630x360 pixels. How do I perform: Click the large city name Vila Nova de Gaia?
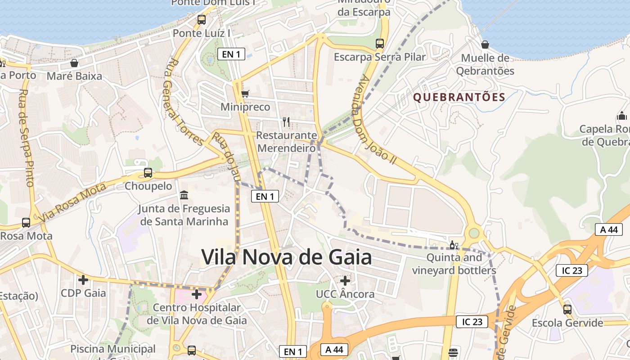coord(287,257)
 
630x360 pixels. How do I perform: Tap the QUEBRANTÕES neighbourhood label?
coord(459,97)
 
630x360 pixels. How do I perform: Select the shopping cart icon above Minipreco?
coord(245,94)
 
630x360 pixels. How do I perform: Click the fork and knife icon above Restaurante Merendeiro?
coord(286,121)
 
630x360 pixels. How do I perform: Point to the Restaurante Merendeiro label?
coord(286,141)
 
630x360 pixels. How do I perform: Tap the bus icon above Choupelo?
coord(148,172)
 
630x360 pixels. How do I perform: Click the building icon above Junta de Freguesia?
coord(184,195)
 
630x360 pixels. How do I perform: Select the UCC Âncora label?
coord(345,294)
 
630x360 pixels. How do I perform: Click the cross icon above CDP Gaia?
coord(83,280)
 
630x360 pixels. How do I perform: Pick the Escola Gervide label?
coord(567,323)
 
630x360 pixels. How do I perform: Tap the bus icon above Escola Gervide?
coord(567,310)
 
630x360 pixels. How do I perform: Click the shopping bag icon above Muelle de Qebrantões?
coord(485,45)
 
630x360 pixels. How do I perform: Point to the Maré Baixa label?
coord(74,76)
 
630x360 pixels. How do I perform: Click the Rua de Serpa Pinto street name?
coord(27,137)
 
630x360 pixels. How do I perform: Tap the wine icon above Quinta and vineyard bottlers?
coord(454,245)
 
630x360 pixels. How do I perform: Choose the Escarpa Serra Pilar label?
coord(379,57)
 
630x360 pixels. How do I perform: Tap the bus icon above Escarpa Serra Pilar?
coord(380,44)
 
